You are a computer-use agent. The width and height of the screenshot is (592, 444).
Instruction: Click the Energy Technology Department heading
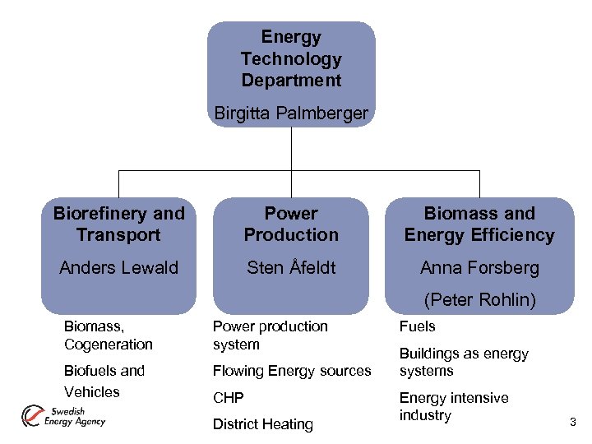point(291,59)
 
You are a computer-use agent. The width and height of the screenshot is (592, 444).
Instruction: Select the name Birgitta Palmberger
point(291,113)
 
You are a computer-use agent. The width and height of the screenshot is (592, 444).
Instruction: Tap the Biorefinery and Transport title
point(118,224)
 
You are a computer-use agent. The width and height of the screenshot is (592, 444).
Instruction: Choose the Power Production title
point(291,224)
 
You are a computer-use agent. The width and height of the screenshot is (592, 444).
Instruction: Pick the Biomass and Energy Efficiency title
point(479,224)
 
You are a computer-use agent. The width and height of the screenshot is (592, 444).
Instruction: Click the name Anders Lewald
point(118,267)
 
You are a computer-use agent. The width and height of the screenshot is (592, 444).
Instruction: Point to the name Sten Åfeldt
point(291,267)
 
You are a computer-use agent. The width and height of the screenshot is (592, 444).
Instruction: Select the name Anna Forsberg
point(479,267)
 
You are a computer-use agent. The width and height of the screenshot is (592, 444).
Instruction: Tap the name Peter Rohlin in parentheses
point(479,300)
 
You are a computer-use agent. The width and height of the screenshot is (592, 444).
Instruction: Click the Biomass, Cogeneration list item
point(108,335)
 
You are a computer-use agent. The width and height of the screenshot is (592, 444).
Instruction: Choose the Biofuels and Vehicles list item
point(104,381)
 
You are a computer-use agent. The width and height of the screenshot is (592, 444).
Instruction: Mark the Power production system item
point(270,335)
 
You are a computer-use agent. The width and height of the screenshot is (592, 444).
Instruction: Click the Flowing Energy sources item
point(292,371)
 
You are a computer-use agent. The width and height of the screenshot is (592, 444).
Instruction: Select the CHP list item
point(228,398)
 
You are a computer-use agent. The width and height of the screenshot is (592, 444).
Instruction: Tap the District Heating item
point(262,424)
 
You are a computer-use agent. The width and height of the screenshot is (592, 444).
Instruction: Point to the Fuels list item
point(417,326)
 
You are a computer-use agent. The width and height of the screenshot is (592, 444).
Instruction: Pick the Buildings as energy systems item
point(463,362)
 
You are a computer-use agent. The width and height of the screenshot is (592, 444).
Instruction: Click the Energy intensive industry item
point(453,406)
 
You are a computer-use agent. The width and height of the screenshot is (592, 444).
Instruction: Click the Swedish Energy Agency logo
point(63,416)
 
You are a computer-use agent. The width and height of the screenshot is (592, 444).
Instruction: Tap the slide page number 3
point(573,423)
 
